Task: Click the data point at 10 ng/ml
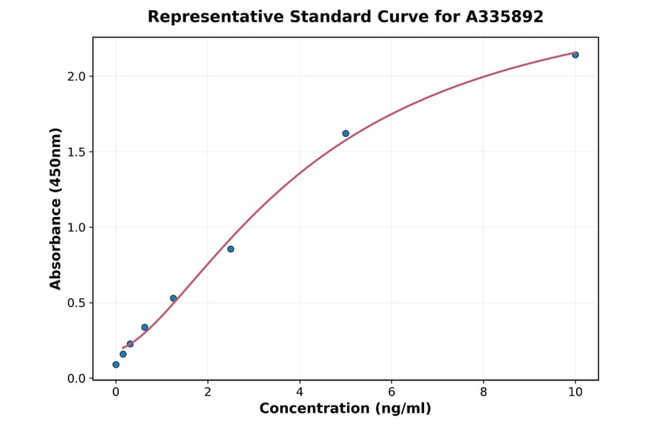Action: [x=575, y=55]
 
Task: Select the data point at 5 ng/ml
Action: [x=346, y=133]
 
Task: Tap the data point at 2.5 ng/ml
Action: [x=230, y=249]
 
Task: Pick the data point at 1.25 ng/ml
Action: [x=174, y=298]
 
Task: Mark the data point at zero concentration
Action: [x=116, y=365]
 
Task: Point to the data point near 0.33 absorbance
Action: [x=145, y=327]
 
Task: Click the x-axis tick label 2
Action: [x=207, y=392]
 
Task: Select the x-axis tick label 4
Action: [x=300, y=392]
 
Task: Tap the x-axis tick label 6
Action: [x=391, y=392]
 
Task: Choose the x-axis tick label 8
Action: [x=483, y=392]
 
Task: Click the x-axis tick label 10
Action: [x=575, y=392]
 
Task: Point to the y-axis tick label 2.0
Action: [x=77, y=76]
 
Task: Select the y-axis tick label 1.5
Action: [x=77, y=152]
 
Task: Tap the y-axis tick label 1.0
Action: [x=77, y=228]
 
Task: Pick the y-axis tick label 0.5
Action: [x=77, y=303]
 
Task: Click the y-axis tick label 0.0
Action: [x=77, y=378]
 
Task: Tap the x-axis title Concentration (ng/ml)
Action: [x=345, y=409]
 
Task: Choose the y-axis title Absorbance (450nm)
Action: [x=55, y=208]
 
